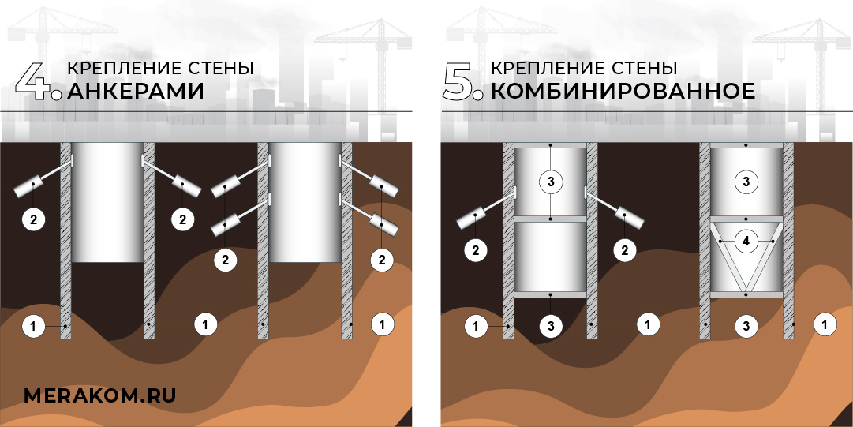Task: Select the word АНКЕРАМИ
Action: click(136, 92)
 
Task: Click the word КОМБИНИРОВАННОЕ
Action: click(623, 92)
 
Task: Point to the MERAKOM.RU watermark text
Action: click(99, 395)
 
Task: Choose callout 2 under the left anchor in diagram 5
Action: click(475, 251)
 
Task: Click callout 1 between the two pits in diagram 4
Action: click(205, 324)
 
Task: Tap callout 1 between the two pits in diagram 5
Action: click(647, 324)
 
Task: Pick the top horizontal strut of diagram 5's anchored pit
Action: click(551, 144)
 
